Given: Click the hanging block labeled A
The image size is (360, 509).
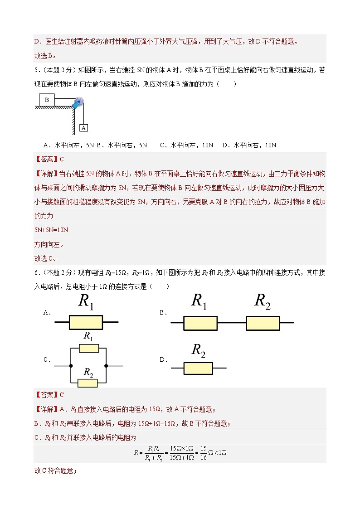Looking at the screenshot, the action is coord(83,128).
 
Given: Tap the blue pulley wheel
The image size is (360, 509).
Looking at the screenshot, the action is coord(79,102).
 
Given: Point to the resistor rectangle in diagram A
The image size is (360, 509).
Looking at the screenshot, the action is coord(86,322).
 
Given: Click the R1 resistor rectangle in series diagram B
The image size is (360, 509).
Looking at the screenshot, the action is coord(200,323).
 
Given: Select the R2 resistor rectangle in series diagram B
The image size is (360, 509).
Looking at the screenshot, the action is coord(263,323).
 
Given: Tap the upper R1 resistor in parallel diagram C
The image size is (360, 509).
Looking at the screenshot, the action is coord(88,348).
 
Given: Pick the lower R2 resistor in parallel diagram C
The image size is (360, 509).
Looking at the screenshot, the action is coord(88,383).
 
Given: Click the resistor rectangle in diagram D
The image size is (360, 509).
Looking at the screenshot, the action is coord(198,368).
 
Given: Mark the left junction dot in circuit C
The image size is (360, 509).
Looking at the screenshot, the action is coord(71,365).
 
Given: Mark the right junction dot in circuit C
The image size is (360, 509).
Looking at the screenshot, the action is coord(106,365).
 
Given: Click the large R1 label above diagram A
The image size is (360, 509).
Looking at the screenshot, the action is coord(86,302).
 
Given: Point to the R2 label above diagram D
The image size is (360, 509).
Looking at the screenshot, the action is coord(199,350).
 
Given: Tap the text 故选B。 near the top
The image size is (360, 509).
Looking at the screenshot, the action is coord(44,56).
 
